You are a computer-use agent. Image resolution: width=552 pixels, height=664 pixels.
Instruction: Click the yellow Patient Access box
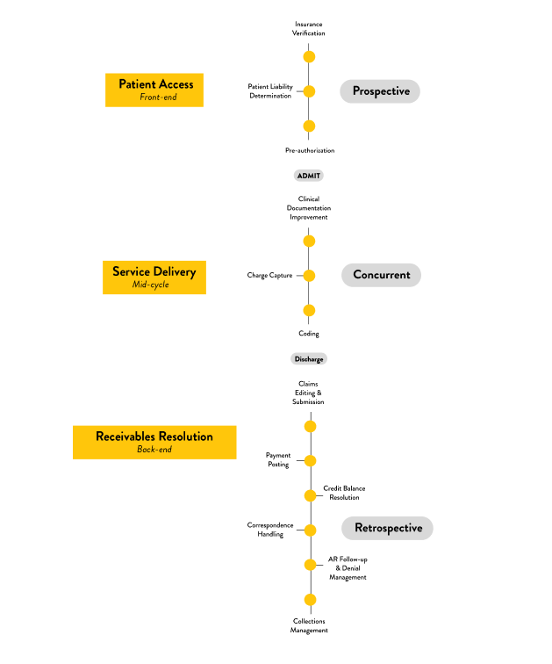coord(154,90)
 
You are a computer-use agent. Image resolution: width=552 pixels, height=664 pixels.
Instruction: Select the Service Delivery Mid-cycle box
coord(154,276)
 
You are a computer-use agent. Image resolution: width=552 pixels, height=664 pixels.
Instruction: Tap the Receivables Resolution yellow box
coord(154,442)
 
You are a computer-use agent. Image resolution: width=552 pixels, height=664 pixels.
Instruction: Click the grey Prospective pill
coord(380,90)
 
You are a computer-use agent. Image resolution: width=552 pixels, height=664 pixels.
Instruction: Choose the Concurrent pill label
coord(381,275)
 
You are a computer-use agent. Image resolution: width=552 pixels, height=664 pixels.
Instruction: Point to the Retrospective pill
coord(387,528)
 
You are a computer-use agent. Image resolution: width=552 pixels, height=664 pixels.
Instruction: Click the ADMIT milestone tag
coord(309,176)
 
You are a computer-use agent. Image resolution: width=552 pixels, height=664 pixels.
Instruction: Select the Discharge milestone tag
coord(309,359)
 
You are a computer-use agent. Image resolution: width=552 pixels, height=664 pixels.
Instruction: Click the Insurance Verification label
coord(309,28)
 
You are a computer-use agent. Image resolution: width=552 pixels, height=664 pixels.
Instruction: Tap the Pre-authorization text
coord(309,150)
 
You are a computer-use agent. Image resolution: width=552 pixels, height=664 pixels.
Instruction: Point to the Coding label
coord(309,334)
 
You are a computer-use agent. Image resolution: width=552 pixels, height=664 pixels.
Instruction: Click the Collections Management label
coord(309,625)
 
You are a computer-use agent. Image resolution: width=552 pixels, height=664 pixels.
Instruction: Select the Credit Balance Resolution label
coord(344,493)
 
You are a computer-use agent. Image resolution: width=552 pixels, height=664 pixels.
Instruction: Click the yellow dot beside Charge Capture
coord(309,275)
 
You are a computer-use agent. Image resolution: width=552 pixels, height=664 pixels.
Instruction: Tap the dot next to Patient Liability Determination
coord(309,90)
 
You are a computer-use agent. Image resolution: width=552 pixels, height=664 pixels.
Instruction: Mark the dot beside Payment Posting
coord(309,460)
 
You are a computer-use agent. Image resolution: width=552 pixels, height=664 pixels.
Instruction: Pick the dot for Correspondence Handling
coord(309,530)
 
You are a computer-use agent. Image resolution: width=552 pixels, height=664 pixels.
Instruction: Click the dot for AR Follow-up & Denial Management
coord(309,565)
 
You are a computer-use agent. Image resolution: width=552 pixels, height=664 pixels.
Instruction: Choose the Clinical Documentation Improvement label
coord(309,207)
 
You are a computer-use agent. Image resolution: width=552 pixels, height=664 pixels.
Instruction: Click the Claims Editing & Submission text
coord(309,393)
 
